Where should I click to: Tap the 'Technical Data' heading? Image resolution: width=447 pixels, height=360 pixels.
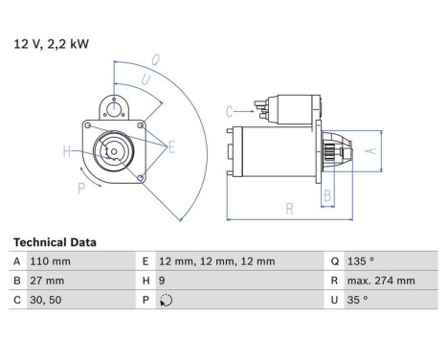55,243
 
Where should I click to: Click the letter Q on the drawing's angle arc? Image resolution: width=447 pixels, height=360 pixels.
156,59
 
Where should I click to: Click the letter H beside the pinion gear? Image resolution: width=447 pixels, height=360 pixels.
67,150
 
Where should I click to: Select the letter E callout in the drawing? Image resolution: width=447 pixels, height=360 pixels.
171,146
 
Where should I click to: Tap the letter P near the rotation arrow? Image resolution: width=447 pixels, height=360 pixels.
80,188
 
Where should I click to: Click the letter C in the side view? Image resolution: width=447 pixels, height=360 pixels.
230,112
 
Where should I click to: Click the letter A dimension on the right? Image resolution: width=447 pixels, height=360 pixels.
374,149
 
